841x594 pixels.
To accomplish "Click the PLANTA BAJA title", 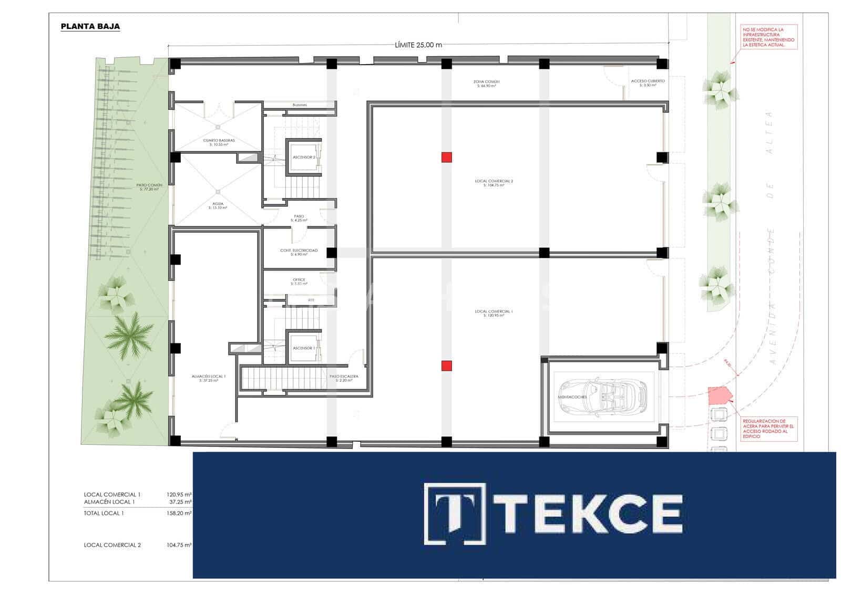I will click(x=90, y=26).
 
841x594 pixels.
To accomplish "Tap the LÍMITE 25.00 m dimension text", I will click(x=418, y=45).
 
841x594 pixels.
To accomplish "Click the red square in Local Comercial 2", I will click(x=447, y=157).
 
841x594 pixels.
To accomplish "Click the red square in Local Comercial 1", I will click(x=447, y=366).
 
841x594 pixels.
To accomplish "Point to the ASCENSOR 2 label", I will click(x=304, y=158).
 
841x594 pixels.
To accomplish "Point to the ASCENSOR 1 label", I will click(x=304, y=348).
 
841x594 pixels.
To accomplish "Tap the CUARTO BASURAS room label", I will click(x=219, y=141).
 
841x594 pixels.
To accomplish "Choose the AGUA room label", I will click(x=218, y=204).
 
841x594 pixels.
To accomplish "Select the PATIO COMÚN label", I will click(x=149, y=186).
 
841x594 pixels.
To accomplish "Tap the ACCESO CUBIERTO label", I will click(x=648, y=82).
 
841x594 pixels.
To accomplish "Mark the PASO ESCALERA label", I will click(x=344, y=377).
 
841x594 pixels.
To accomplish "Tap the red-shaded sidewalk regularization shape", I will click(x=717, y=394).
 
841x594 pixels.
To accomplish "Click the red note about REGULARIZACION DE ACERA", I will click(x=768, y=429).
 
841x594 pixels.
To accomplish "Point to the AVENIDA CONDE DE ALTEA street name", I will click(x=771, y=236).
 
